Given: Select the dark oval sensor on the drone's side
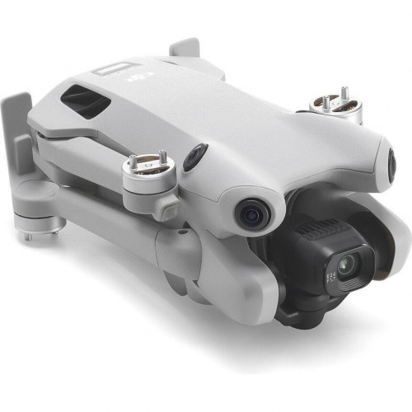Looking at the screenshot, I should [195, 156].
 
